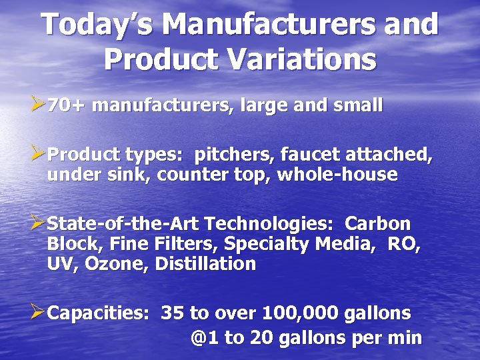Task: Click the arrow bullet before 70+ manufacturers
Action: (x=38, y=105)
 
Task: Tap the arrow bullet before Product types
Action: (x=38, y=155)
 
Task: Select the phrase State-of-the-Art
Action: (x=123, y=223)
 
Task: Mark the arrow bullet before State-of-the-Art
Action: (x=38, y=223)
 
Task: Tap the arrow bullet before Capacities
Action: (x=38, y=312)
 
